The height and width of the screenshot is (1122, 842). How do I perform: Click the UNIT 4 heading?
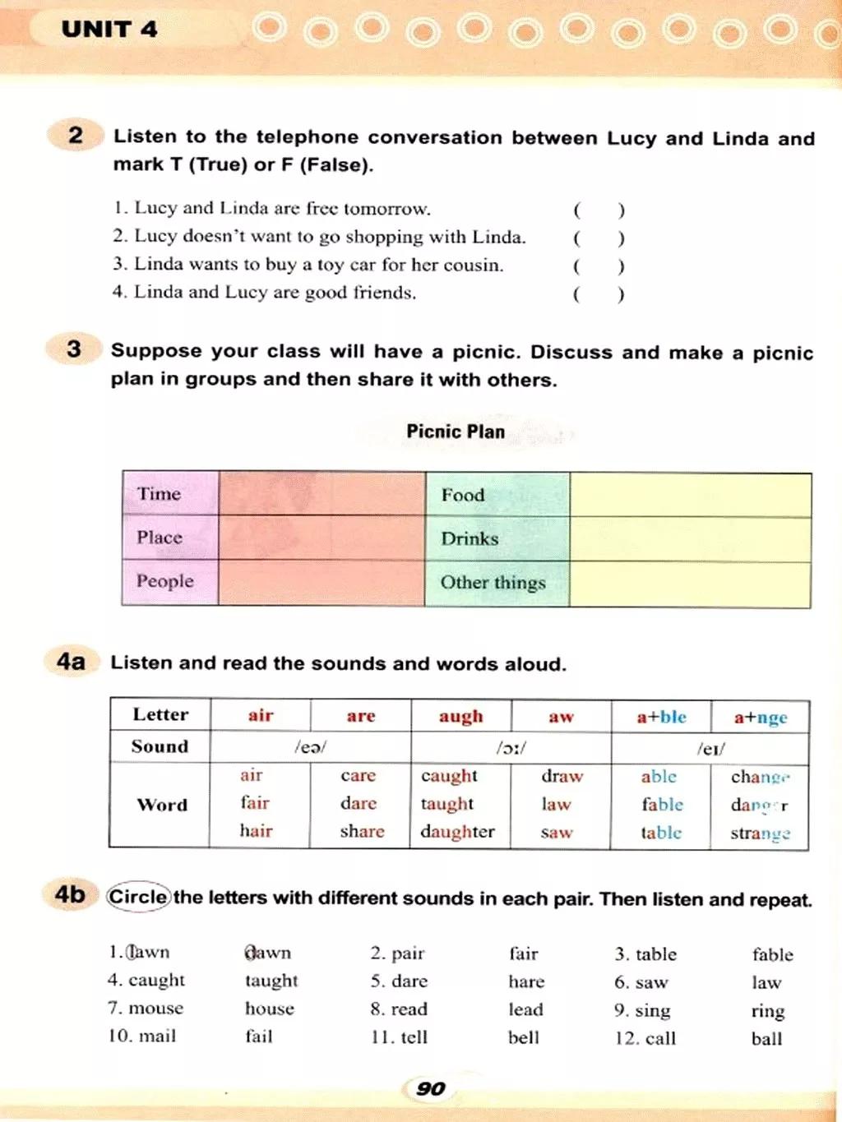109,30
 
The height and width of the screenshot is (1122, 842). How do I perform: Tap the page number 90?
430,1088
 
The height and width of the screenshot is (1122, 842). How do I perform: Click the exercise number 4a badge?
71,661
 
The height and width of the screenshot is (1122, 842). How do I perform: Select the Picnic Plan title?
456,432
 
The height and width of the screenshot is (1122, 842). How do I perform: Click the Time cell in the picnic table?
159,494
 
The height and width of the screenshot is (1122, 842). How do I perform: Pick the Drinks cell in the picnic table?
470,539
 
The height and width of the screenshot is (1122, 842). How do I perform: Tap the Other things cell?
493,583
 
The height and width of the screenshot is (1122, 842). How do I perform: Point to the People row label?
164,581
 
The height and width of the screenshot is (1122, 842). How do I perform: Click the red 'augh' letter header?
460,716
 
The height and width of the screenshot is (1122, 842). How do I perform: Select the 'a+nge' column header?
760,718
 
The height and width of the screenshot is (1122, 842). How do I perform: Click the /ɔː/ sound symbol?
511,748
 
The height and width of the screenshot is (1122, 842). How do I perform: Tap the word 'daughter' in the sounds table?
457,832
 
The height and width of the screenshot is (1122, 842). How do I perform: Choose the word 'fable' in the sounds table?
662,805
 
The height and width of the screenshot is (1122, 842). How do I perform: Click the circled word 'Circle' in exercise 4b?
138,897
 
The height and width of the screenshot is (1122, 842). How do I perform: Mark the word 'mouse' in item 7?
156,1009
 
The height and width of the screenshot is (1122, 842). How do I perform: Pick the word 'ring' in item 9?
767,1011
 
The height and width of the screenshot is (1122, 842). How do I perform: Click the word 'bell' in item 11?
523,1038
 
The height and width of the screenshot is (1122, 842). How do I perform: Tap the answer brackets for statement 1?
599,210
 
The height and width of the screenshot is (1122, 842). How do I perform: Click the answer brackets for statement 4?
599,293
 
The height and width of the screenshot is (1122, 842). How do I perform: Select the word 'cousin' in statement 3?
472,265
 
